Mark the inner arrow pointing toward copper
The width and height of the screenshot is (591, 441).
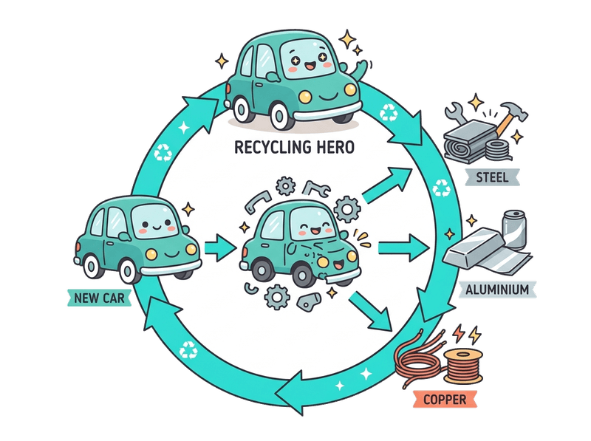(x=372, y=310)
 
